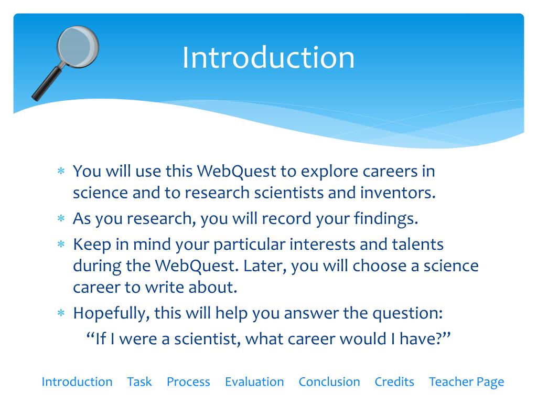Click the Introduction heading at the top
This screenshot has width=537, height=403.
pos(268,57)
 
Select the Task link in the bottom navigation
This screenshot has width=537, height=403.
pos(139,382)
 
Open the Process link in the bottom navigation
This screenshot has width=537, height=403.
pos(188,382)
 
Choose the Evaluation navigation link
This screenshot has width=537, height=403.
pos(254,382)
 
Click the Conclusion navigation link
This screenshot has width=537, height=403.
pos(329,382)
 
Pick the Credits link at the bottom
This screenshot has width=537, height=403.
pos(394,382)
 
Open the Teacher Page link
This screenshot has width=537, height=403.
pos(466,382)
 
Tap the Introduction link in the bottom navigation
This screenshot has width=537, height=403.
pos(77,382)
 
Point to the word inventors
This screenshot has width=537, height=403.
pos(398,193)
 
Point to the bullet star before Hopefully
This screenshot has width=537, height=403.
pos(61,314)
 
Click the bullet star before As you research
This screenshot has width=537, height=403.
pos(61,219)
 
